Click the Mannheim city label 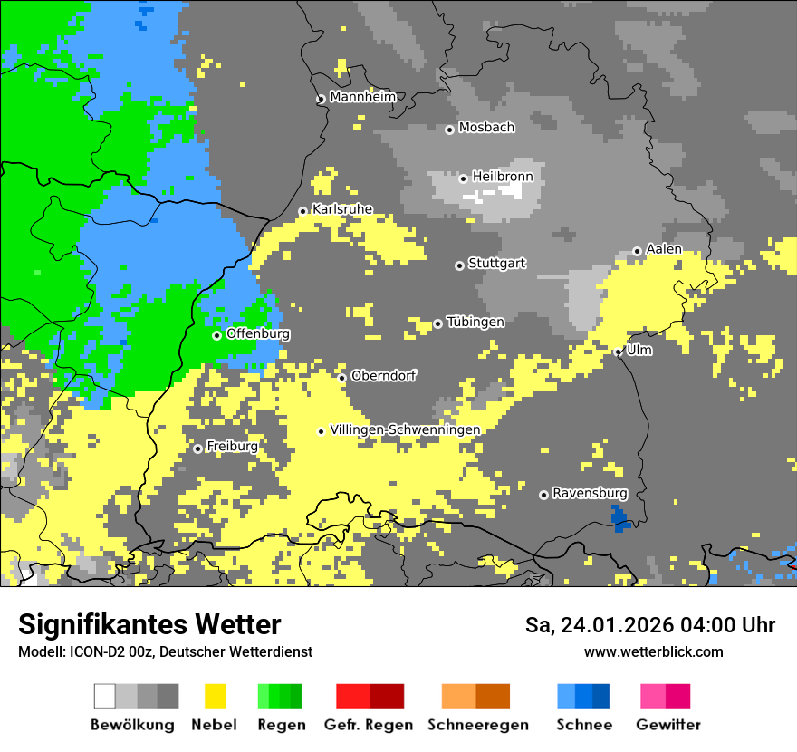362,97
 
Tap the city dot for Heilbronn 463,178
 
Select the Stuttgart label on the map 496,264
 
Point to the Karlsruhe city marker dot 303,212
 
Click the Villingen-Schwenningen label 405,429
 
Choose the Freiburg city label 232,447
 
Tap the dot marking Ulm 619,352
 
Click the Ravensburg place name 590,493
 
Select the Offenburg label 258,333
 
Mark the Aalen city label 664,249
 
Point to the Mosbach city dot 449,130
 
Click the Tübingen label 475,322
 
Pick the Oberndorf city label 383,375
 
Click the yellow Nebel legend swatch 215,696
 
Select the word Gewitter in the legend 668,725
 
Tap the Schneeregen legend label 478,725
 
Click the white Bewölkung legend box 105,696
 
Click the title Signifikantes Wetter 149,625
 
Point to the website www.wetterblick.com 653,651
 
